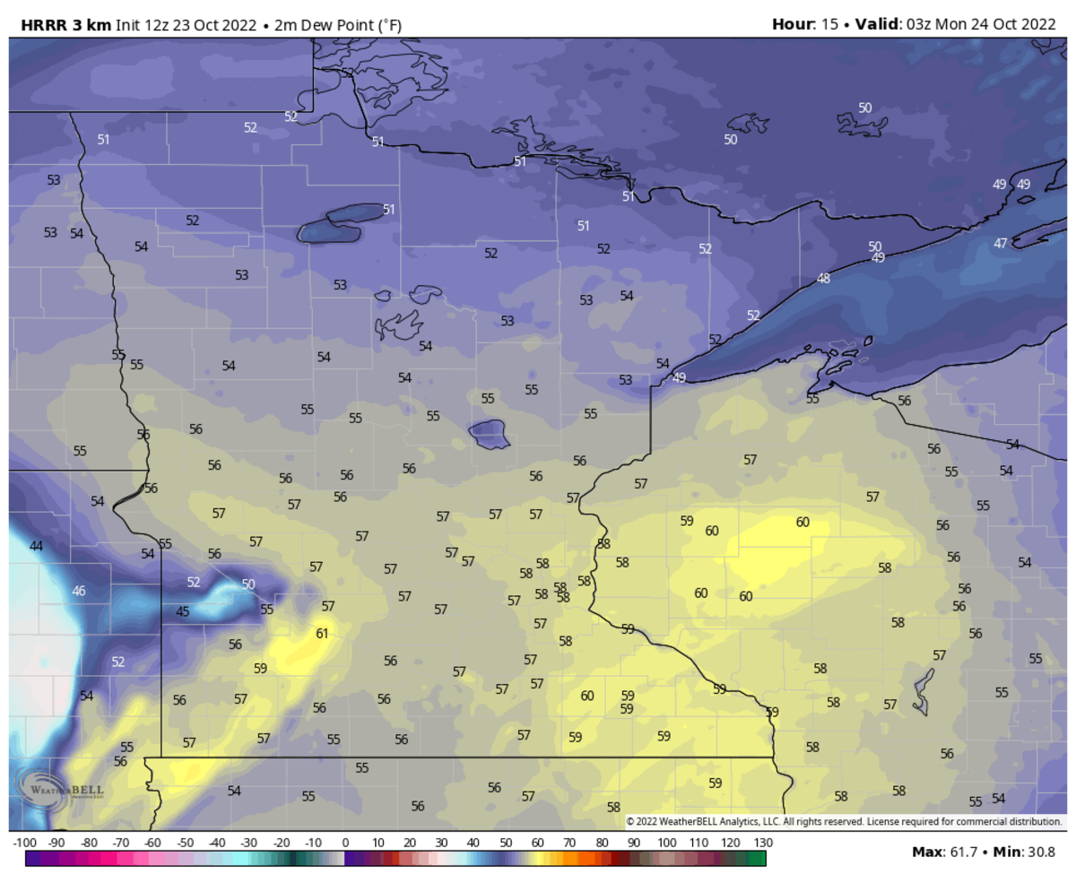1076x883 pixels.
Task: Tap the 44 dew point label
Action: pyautogui.click(x=37, y=546)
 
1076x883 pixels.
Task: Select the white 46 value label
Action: pyautogui.click(x=79, y=591)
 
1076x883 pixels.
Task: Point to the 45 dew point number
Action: pyautogui.click(x=183, y=612)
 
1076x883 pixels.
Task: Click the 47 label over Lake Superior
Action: pyautogui.click(x=1001, y=243)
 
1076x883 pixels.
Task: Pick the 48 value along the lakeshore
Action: pyautogui.click(x=823, y=279)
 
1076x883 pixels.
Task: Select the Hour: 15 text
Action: pyautogui.click(x=804, y=24)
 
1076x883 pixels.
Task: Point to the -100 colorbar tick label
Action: pyautogui.click(x=25, y=843)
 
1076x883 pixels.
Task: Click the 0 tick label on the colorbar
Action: pyautogui.click(x=345, y=843)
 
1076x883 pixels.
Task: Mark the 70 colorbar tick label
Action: pyautogui.click(x=569, y=843)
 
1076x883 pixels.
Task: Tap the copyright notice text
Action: pyautogui.click(x=843, y=821)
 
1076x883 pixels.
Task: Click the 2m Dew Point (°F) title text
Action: pyautogui.click(x=334, y=24)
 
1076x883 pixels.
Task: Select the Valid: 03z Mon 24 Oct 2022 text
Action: pyautogui.click(x=954, y=24)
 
